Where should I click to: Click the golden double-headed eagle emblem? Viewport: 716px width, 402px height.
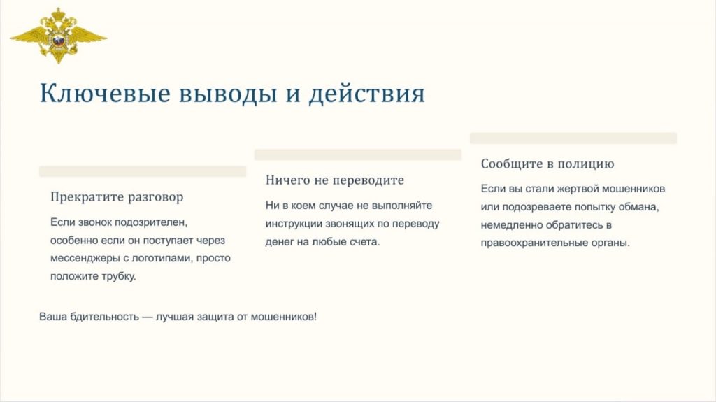[x=59, y=36]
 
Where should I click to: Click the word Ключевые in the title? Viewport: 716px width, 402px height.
[x=105, y=93]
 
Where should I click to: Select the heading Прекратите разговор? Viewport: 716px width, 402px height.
[x=117, y=197]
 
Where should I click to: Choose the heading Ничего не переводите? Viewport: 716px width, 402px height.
[x=335, y=180]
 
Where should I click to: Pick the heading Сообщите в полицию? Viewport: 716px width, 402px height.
[x=547, y=164]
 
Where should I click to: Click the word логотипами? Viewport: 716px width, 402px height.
[x=162, y=259]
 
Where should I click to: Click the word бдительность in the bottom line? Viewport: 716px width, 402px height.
[x=105, y=317]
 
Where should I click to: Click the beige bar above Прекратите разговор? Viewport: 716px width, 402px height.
[x=143, y=171]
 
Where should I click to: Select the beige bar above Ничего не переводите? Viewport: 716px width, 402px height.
[x=358, y=155]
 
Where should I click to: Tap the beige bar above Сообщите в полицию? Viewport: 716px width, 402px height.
[x=573, y=138]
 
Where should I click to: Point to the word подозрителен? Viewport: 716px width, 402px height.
[x=151, y=222]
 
